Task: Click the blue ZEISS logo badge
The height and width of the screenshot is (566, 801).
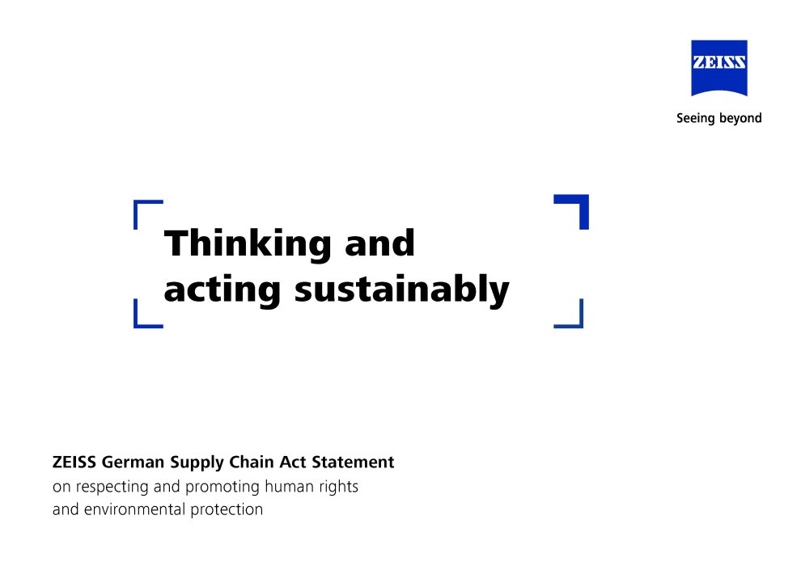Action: (718, 67)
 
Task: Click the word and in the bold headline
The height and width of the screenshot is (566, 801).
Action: (379, 243)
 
